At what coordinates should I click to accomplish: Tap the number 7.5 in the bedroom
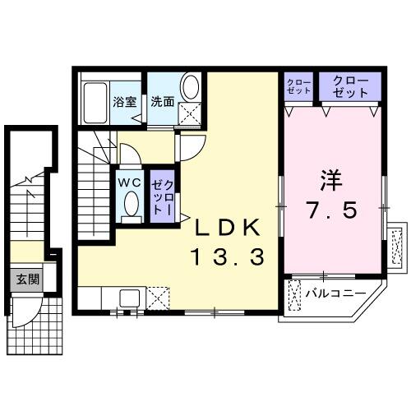pos(333,210)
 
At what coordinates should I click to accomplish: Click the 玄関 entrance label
pos(26,279)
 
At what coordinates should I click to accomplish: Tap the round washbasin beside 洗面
pos(190,87)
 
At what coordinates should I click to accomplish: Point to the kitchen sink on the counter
pos(130,297)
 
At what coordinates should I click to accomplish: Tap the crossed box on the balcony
pos(297,293)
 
